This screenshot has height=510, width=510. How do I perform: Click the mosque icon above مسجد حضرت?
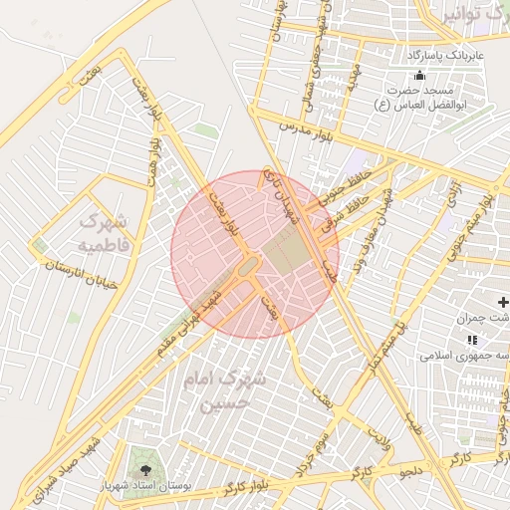tap(419, 77)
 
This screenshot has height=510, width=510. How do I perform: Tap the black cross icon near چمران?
tap(502, 301)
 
